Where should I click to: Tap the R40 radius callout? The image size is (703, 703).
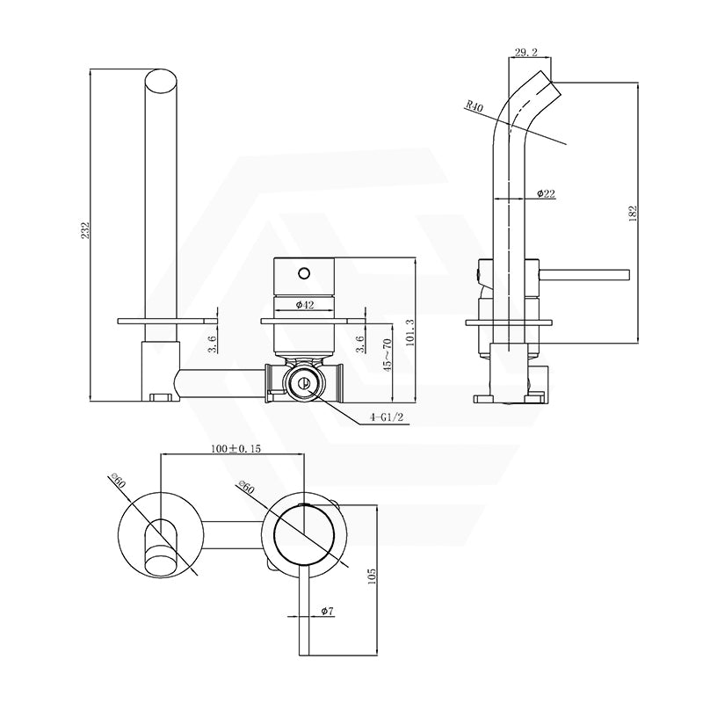475,107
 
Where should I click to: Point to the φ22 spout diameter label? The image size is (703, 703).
545,193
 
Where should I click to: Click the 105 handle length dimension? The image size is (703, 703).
372,576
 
